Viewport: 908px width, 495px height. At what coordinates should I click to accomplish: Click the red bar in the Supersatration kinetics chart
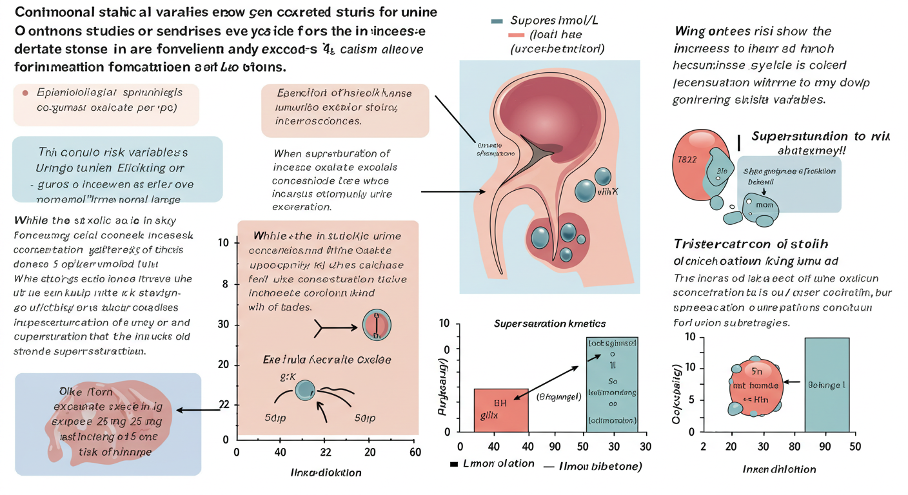tap(501, 410)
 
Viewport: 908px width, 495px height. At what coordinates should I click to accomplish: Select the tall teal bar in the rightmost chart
tap(827, 384)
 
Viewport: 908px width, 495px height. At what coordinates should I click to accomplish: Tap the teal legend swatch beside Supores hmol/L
tap(497, 21)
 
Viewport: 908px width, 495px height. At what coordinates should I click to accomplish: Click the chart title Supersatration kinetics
tap(550, 323)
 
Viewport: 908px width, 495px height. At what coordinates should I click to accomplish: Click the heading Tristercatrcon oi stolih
tap(751, 244)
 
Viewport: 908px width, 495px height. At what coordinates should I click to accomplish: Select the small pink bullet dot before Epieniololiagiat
tap(25, 93)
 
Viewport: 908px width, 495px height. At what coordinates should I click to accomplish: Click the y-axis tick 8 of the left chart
tap(225, 284)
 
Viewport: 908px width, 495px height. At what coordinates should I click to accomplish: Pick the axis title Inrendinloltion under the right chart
tap(779, 469)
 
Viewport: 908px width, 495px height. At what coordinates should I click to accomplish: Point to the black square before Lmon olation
tap(453, 464)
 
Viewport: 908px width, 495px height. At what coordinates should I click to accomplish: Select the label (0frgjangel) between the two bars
tap(558, 396)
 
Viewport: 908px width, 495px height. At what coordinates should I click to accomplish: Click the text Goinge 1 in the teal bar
tap(826, 384)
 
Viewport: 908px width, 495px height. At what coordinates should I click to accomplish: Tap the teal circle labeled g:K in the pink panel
tap(304, 389)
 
